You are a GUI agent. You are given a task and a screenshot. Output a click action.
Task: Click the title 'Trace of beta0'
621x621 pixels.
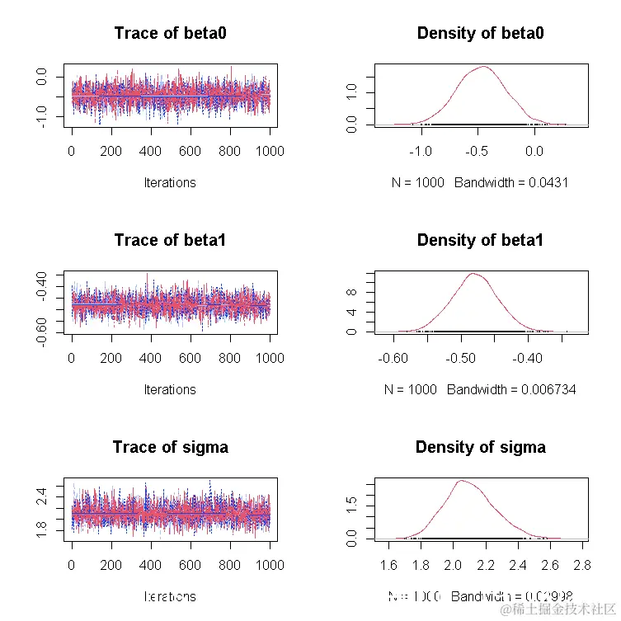(170, 34)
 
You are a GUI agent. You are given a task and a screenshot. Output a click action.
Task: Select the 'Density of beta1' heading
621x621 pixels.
(480, 241)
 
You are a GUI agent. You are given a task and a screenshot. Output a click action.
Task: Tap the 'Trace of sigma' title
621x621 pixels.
(170, 448)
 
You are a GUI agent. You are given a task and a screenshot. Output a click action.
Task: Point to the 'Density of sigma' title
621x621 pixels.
(480, 448)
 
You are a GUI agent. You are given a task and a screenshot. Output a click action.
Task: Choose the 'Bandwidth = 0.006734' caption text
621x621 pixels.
(511, 389)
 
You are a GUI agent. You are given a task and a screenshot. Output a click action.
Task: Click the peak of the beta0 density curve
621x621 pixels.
(482, 67)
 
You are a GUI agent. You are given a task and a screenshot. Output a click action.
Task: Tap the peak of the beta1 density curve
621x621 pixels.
(473, 274)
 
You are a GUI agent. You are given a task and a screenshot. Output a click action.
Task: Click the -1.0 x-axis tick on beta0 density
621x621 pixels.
(421, 152)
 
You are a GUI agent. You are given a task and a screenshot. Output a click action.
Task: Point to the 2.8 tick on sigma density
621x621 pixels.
(581, 566)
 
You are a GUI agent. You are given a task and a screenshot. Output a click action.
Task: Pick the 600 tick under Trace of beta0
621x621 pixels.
(191, 152)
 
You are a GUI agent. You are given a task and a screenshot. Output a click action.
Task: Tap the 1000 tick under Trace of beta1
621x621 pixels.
(269, 359)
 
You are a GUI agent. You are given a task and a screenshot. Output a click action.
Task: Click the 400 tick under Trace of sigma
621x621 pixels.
(150, 566)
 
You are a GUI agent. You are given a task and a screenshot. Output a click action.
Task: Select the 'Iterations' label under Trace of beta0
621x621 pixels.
(170, 182)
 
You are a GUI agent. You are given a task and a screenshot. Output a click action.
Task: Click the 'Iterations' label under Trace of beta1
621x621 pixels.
(170, 389)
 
